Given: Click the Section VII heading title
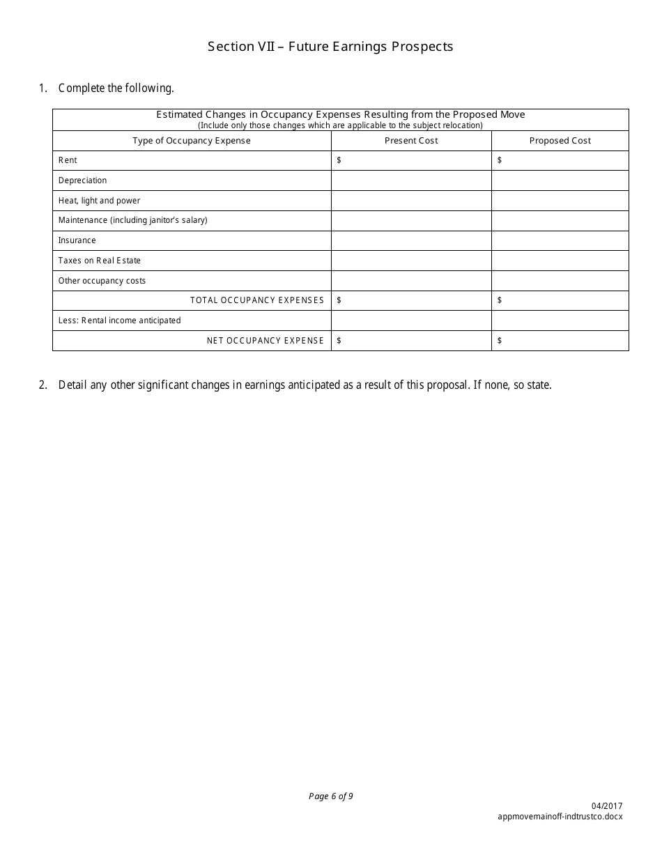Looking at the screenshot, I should tap(330, 47).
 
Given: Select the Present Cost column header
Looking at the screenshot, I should tap(411, 141).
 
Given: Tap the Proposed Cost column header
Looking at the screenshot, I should tap(560, 141).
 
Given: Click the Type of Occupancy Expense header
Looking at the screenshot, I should tap(192, 141).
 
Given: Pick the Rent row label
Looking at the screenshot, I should tap(68, 160).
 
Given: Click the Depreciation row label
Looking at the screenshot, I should tap(82, 180).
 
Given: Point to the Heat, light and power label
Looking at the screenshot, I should tap(99, 201).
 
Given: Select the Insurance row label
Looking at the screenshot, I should tap(77, 240).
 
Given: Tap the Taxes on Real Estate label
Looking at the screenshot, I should tap(99, 261).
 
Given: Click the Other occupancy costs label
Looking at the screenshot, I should tap(102, 281).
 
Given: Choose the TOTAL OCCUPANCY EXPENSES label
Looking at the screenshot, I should tap(257, 300).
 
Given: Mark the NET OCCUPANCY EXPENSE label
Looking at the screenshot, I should tap(265, 341).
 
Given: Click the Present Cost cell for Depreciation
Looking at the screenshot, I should tap(411, 180).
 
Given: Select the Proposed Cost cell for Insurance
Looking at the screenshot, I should tap(560, 240).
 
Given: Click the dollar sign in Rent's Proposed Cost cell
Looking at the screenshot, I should tap(500, 160).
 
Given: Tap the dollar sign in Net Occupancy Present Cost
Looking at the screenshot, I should tap(339, 341).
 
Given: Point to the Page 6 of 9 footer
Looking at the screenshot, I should tap(330, 796).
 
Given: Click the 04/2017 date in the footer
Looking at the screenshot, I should tap(610, 806).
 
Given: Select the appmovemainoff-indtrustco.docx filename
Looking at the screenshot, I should tap(560, 816).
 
